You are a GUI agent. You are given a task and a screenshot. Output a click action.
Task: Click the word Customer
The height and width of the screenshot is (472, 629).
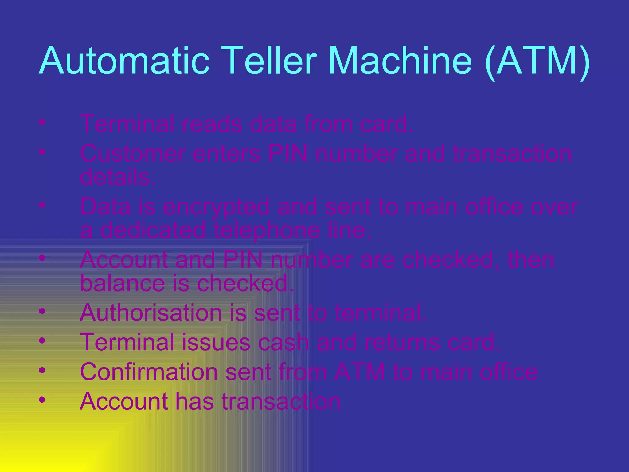[x=133, y=154]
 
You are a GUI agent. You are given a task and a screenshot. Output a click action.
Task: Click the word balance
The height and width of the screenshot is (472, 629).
[x=122, y=283]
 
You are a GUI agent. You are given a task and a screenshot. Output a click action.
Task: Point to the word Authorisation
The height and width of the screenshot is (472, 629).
[x=150, y=313]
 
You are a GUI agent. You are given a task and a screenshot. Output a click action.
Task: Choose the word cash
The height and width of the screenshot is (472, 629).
[x=283, y=342]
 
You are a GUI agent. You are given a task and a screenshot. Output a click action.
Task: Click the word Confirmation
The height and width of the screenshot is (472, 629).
[x=149, y=372]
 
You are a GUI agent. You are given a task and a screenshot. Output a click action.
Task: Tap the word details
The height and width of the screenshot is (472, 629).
[x=118, y=178]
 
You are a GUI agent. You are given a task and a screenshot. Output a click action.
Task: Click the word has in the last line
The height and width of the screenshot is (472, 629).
[x=194, y=401]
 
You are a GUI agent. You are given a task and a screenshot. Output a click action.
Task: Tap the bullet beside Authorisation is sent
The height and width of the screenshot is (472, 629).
[x=42, y=312]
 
